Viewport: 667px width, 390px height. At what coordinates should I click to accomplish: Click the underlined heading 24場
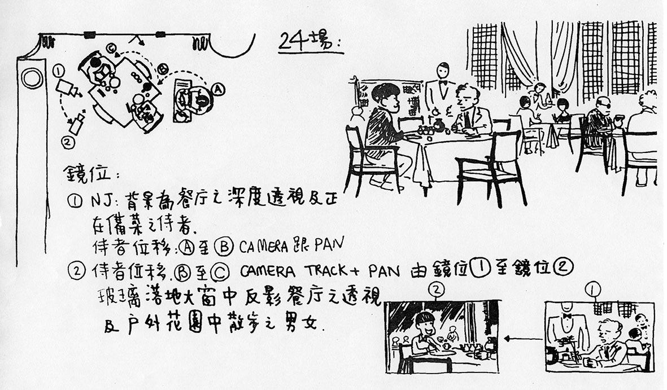tap(309, 41)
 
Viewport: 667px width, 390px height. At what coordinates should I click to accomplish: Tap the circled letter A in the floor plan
tap(218, 89)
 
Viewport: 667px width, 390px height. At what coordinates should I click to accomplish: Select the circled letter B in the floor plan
tap(163, 69)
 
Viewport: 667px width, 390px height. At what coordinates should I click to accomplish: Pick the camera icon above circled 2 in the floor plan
tap(77, 124)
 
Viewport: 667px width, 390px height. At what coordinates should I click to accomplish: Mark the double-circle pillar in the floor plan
tap(32, 77)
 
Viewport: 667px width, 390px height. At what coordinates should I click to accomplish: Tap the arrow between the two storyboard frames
tap(522, 339)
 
